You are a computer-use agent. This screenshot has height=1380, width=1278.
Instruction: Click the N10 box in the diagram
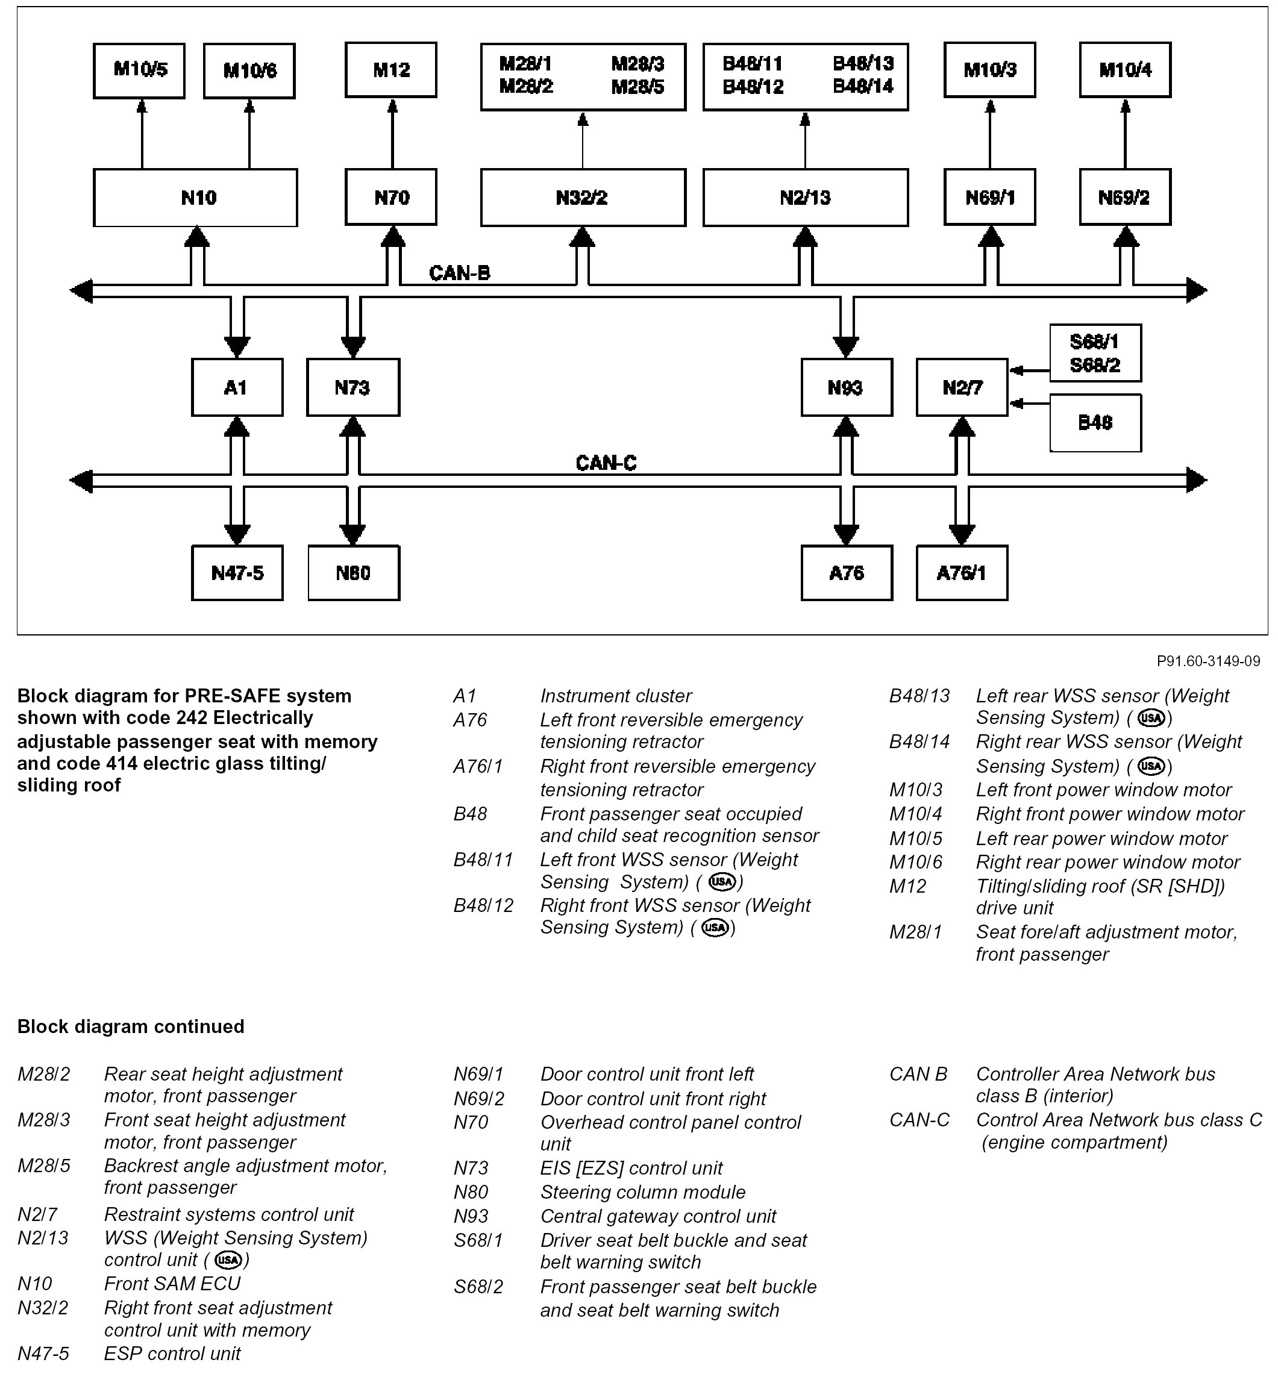pyautogui.click(x=195, y=198)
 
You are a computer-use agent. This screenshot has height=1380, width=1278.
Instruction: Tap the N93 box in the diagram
pyautogui.click(x=846, y=387)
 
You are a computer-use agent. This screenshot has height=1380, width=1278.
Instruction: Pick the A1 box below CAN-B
pyautogui.click(x=237, y=387)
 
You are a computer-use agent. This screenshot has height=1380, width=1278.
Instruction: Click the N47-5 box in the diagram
pyautogui.click(x=237, y=573)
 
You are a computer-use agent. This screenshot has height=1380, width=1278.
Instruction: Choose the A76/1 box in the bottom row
pyautogui.click(x=961, y=573)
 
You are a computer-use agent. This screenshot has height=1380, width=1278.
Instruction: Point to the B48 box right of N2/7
pyautogui.click(x=1095, y=422)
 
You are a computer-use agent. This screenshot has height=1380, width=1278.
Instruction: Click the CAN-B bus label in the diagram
pyautogui.click(x=459, y=273)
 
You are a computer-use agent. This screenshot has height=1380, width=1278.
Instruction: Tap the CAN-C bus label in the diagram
pyautogui.click(x=606, y=463)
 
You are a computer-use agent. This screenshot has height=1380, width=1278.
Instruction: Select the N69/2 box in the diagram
pyautogui.click(x=1124, y=198)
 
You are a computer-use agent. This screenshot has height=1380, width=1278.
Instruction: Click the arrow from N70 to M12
pyautogui.click(x=392, y=135)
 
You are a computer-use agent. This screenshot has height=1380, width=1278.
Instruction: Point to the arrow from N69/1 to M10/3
pyautogui.click(x=989, y=135)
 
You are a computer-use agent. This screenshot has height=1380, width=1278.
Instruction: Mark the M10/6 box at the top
pyautogui.click(x=249, y=70)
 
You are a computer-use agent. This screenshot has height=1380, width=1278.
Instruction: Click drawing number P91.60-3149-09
pyautogui.click(x=1208, y=661)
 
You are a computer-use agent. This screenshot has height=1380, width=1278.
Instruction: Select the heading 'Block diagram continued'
pyautogui.click(x=131, y=1026)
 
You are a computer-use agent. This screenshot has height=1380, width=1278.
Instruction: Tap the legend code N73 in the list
pyautogui.click(x=470, y=1168)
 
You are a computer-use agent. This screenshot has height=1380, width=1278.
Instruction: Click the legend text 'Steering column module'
pyautogui.click(x=642, y=1192)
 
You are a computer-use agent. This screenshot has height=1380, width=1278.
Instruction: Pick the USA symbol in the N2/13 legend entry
pyautogui.click(x=228, y=1260)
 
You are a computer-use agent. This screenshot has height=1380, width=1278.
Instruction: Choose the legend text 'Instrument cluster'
pyautogui.click(x=615, y=696)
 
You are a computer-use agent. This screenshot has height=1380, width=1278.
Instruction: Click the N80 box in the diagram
pyautogui.click(x=352, y=573)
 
